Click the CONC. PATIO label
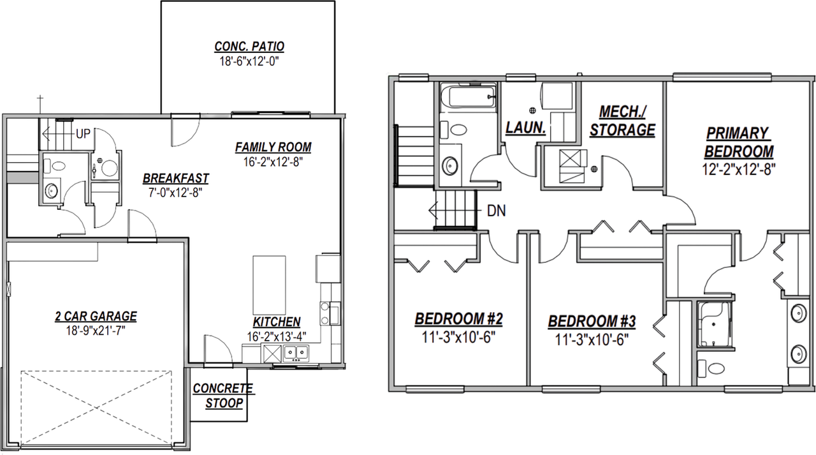coord(249,47)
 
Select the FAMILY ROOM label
coord(273,147)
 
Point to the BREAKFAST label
coord(175,178)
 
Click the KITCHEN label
coord(277,322)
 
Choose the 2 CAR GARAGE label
coord(95,316)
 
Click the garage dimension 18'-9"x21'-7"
coord(95,330)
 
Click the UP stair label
coord(83,134)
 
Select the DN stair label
coord(496,211)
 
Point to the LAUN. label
coord(525,128)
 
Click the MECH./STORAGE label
coord(622,121)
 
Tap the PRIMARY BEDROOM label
coord(738,142)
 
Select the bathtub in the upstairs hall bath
coord(468,97)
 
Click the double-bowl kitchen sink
coord(296,352)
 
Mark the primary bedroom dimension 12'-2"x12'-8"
coord(738,168)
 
